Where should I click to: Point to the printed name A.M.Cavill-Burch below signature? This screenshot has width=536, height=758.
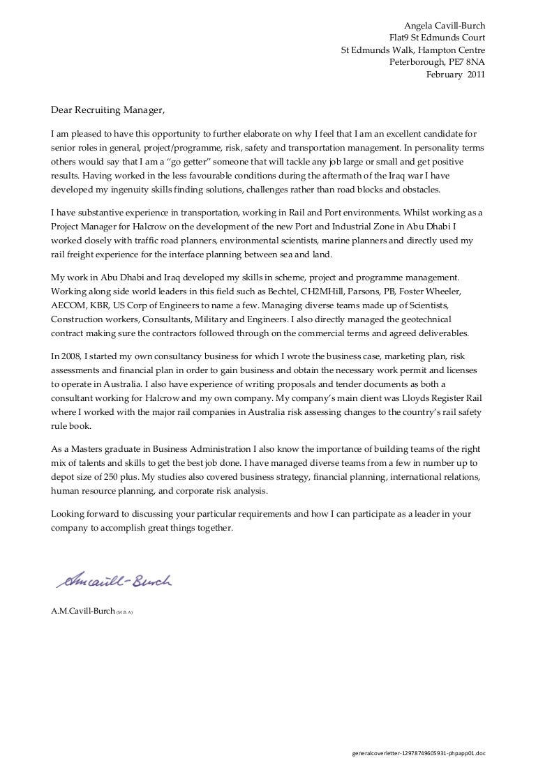82,611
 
